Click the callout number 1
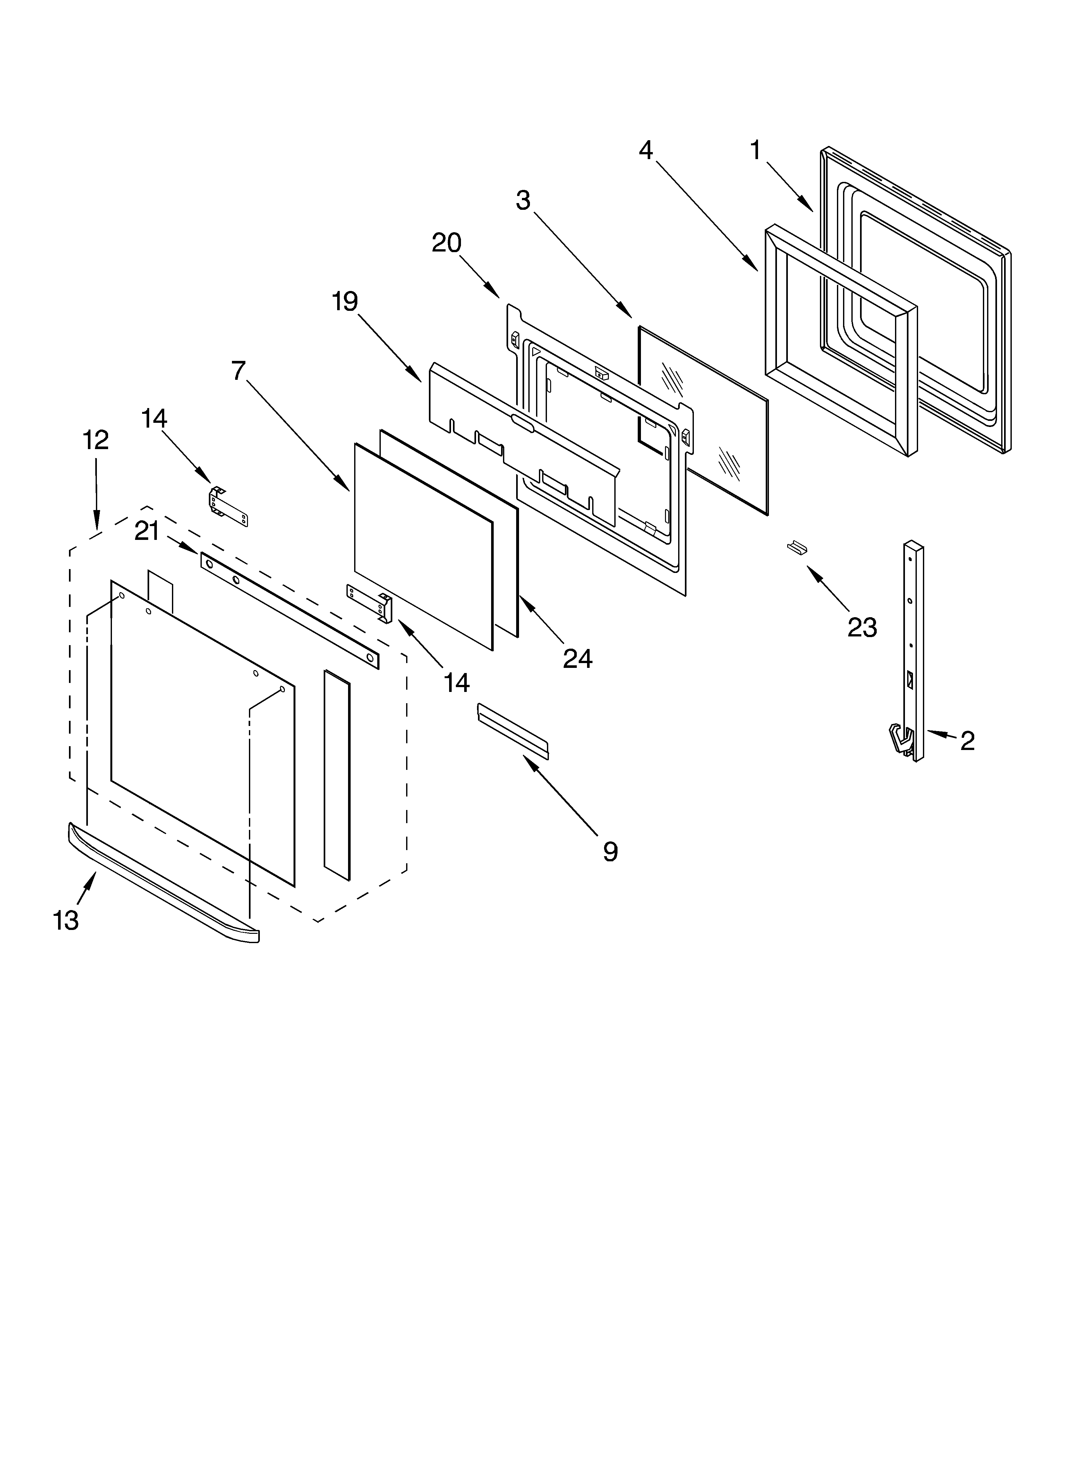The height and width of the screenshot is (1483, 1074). click(x=755, y=151)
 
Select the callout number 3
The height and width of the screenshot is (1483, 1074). click(x=523, y=201)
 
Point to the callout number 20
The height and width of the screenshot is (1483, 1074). click(x=447, y=243)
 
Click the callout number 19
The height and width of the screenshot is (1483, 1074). click(x=345, y=302)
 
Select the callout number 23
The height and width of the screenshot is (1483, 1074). click(x=862, y=628)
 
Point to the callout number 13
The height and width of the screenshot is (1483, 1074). click(x=66, y=921)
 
